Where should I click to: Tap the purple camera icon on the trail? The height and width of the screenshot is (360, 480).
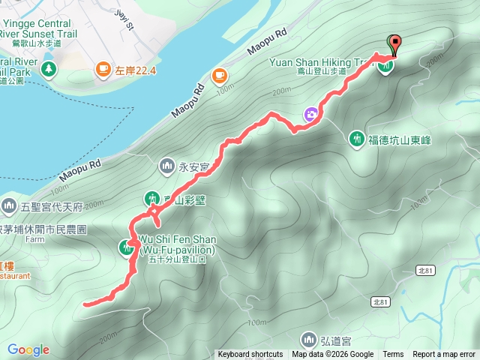click(310, 114)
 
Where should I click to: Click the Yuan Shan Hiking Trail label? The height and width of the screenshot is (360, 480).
click(329, 62)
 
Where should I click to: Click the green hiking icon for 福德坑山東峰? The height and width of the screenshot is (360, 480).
click(357, 139)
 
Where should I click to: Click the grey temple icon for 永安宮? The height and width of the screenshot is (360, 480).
click(165, 165)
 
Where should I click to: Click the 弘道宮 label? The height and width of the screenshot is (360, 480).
click(334, 340)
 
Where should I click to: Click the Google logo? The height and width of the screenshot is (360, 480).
click(28, 349)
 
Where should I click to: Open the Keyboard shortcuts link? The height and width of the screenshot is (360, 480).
click(250, 355)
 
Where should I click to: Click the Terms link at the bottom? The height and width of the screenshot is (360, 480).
click(393, 355)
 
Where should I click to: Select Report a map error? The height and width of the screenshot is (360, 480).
click(444, 355)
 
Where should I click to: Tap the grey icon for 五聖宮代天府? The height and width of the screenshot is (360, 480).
click(9, 205)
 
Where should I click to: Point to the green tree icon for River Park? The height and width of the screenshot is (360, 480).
click(49, 69)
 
